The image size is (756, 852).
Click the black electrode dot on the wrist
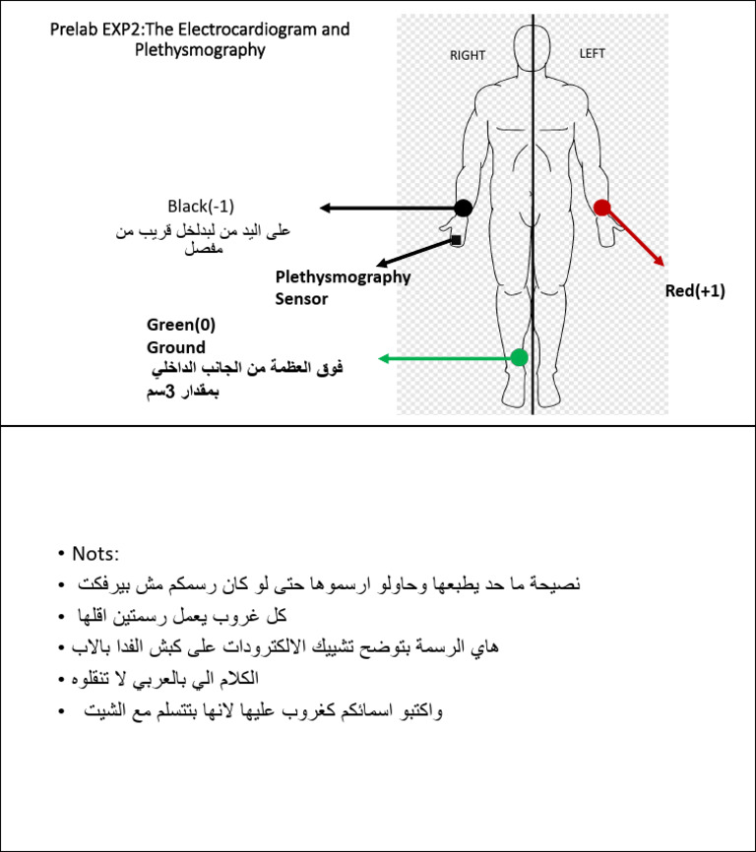point(463,208)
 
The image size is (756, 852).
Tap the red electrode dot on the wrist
point(602,207)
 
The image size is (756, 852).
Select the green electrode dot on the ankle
point(520,357)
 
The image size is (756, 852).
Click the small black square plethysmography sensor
point(456,240)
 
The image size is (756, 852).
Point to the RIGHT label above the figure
point(468,55)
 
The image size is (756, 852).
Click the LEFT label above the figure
point(593,53)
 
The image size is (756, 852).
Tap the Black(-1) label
point(200,206)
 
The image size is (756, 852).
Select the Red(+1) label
point(695,291)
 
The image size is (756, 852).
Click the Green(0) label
point(181,326)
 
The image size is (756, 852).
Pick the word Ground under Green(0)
point(176,347)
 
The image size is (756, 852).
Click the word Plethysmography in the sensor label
point(343,277)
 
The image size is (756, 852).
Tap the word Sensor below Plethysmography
point(301,299)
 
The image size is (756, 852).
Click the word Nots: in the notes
point(94,554)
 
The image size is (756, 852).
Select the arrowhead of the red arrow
point(661,262)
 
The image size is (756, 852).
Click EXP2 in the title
point(122,30)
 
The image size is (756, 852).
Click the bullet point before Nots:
point(61,554)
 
